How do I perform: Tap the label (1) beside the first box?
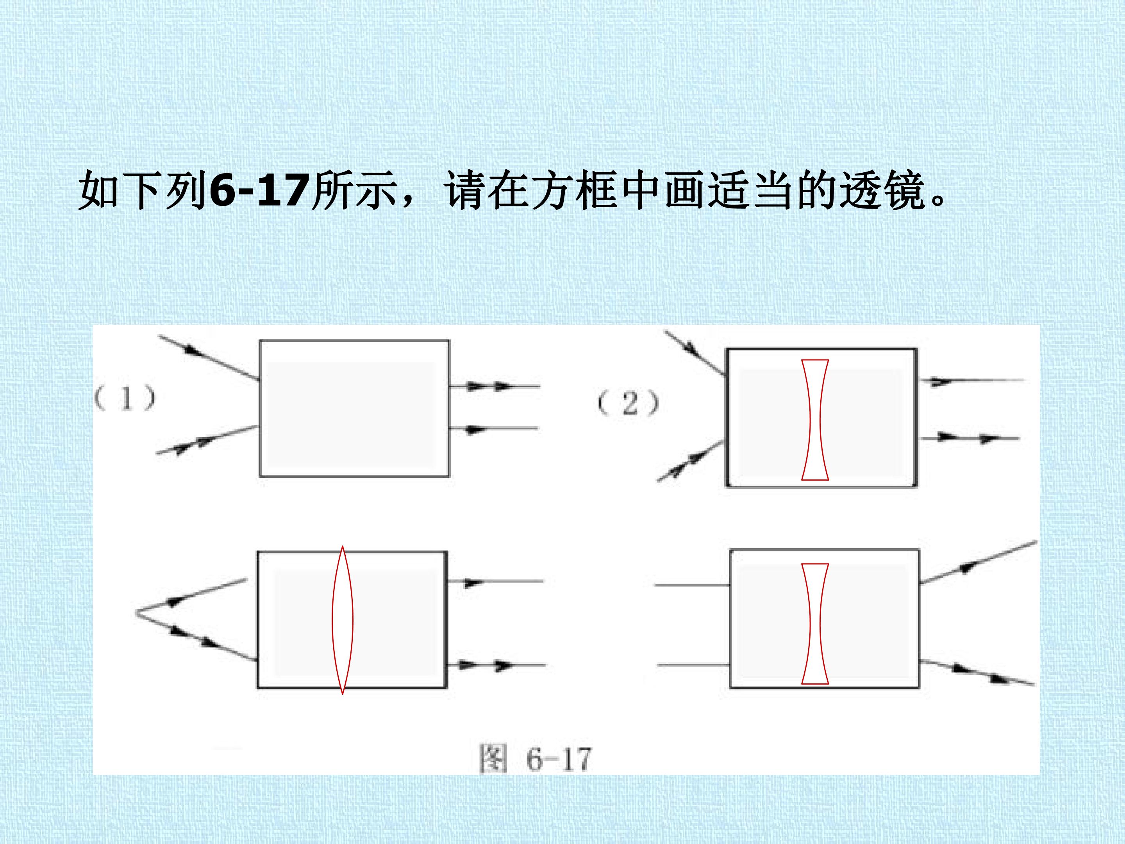coord(125,398)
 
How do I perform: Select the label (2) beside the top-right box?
coord(628,404)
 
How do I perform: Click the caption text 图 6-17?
coord(536,760)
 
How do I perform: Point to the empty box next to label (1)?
coord(354,408)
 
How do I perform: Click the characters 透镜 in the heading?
coord(881,190)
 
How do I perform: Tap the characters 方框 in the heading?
coord(575,190)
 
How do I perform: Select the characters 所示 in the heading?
coord(354,190)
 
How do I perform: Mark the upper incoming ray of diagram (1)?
coord(209,358)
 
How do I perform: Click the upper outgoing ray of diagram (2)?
coord(971,381)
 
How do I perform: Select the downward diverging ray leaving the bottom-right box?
coord(977,672)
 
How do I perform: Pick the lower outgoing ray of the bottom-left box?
coord(496,665)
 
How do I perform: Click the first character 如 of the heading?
coord(99,190)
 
